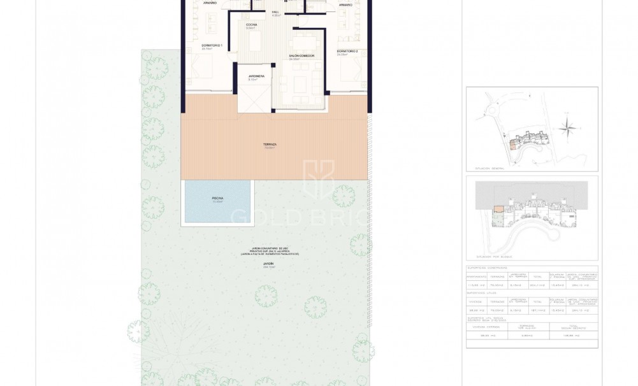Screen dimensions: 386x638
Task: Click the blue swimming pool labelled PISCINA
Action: (x=217, y=201)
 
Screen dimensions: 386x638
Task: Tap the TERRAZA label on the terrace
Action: (x=270, y=145)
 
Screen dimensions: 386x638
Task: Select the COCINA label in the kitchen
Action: (x=251, y=24)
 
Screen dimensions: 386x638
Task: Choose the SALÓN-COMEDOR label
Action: (x=301, y=56)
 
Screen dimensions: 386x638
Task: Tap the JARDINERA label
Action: (x=256, y=76)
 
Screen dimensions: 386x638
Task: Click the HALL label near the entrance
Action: (x=276, y=11)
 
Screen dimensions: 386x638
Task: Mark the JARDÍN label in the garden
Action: (x=268, y=263)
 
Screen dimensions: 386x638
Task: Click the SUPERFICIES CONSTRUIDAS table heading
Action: (x=489, y=268)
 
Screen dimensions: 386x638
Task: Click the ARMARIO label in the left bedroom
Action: (x=210, y=3)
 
